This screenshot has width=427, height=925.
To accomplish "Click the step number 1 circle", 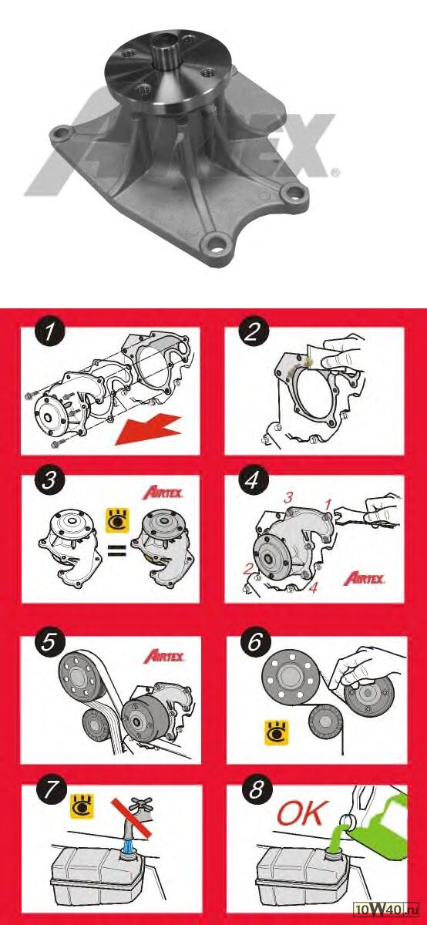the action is pos(50,331).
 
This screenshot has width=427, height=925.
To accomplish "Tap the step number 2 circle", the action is pos(253,331).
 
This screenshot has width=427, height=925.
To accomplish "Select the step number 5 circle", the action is pos(49,643).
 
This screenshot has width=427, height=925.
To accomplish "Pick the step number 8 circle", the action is pos(257,789).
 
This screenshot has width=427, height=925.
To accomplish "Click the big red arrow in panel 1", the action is pos(150,430).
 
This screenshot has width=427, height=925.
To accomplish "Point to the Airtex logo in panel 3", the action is pos(163,493).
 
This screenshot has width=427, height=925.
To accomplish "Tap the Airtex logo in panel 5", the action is pos(164,656).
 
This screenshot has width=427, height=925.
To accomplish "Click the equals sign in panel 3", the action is pos(117,550).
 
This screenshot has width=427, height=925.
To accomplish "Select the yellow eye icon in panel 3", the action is pos(118,520).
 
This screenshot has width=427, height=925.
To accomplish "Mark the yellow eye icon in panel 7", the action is pos(82,806).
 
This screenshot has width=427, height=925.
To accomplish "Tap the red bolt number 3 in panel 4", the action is pos(287,498).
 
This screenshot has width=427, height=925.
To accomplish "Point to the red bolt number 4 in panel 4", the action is pos(314,588).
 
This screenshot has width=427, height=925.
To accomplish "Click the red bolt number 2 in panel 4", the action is pos(247,570).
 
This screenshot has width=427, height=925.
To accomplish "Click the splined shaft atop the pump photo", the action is pos(166,53).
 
